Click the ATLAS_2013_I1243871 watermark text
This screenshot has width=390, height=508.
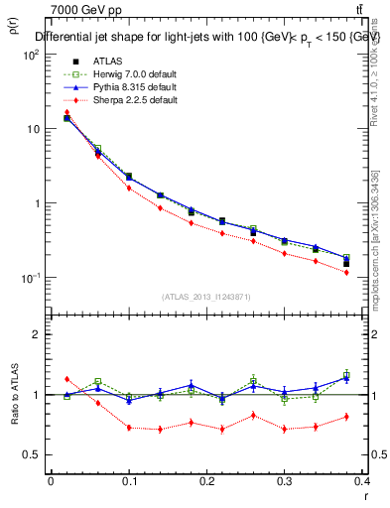click(x=206, y=297)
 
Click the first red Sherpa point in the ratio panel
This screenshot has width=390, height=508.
click(x=66, y=379)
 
